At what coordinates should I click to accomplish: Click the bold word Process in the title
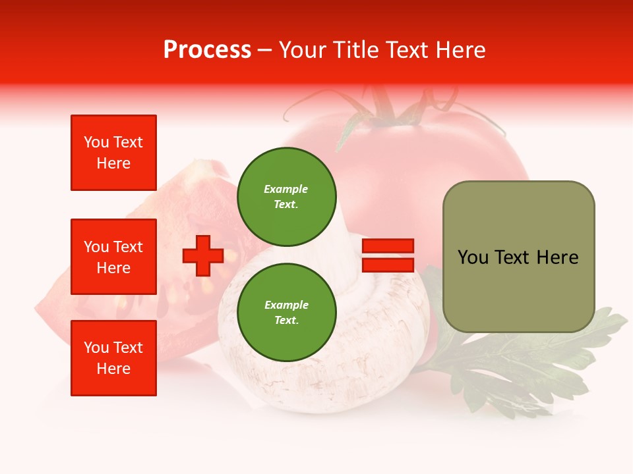pos(207,50)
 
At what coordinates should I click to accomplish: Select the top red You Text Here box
pos(113,153)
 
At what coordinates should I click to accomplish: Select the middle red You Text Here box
pos(113,257)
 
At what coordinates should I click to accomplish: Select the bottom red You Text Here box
pos(113,358)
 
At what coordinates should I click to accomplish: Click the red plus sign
pos(203,255)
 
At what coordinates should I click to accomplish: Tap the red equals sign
pos(388,255)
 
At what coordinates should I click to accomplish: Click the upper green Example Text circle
pos(286,196)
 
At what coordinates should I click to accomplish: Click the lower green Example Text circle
pos(286,312)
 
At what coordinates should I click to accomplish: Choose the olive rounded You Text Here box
pos(518,257)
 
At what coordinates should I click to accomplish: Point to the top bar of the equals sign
pos(388,246)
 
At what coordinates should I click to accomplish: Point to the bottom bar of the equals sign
pos(388,265)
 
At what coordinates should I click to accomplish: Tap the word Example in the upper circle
pos(286,189)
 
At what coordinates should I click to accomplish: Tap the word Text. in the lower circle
pos(286,320)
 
